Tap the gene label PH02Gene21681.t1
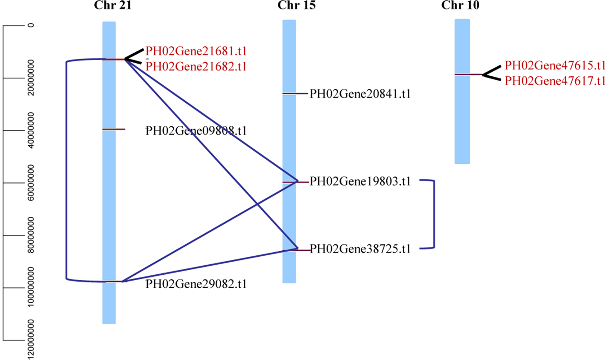pos(196,51)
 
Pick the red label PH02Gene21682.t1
pos(196,67)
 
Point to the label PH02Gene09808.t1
pos(196,131)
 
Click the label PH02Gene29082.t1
pos(196,284)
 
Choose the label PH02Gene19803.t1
pos(360,182)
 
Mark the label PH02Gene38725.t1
pos(360,249)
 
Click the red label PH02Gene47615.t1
pos(555,65)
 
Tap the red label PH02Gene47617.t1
pos(555,81)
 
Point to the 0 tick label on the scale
pos(31,25)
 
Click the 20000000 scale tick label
pos(31,78)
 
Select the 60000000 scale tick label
pos(31,183)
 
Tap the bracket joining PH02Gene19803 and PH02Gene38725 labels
pos(434,214)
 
